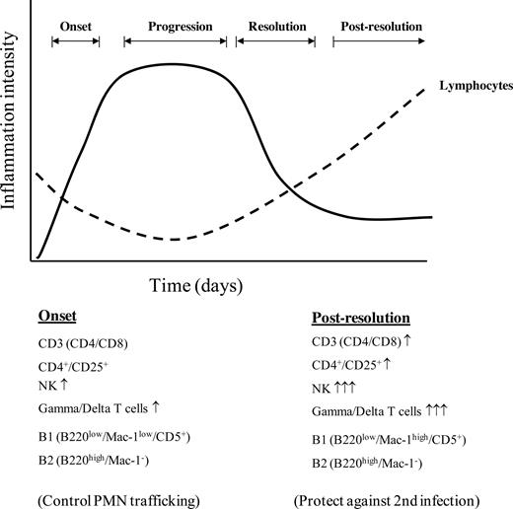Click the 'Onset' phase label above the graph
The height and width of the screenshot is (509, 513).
76,25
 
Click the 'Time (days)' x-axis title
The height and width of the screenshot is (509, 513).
196,285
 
